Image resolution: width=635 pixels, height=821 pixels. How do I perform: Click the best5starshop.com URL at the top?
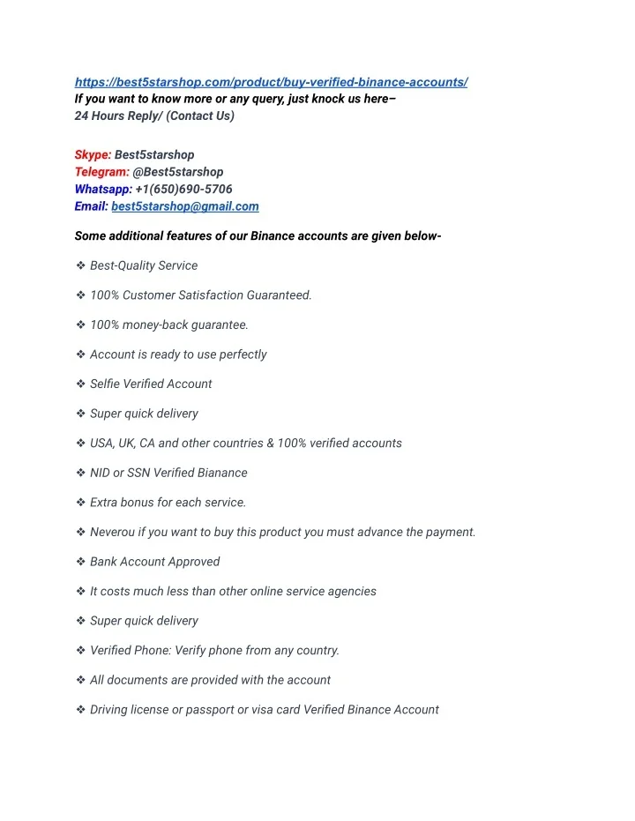[x=271, y=82]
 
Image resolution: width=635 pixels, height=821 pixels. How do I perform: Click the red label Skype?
[x=93, y=154]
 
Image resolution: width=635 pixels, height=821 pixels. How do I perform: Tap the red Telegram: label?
[x=101, y=172]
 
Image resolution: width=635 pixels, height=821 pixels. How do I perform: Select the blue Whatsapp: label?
[x=103, y=189]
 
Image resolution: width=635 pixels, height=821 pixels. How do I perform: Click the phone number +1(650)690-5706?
[x=184, y=189]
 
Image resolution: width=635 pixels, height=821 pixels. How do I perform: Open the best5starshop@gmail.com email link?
[x=185, y=206]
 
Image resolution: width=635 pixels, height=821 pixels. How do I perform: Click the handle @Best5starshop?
[x=178, y=172]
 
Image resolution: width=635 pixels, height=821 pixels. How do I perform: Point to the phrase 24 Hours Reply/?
[x=118, y=116]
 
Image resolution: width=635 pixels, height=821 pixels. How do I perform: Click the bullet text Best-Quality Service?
[x=144, y=265]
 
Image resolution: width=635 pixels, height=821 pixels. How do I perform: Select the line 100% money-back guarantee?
[x=169, y=325]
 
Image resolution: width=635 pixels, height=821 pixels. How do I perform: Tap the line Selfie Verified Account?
[x=151, y=384]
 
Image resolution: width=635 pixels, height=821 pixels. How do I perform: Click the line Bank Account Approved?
[x=154, y=562]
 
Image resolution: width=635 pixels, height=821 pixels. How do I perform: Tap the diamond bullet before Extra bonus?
[x=80, y=503]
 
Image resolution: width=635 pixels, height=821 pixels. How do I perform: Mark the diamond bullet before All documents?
[x=80, y=680]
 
